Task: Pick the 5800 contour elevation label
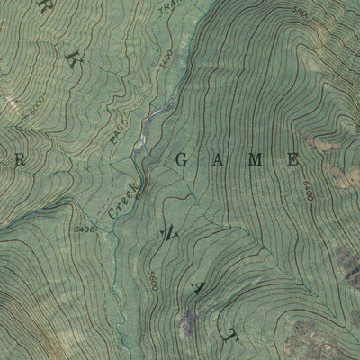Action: (x=301, y=12)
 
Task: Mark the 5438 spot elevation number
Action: (x=85, y=229)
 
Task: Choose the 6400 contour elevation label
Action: (x=307, y=190)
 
